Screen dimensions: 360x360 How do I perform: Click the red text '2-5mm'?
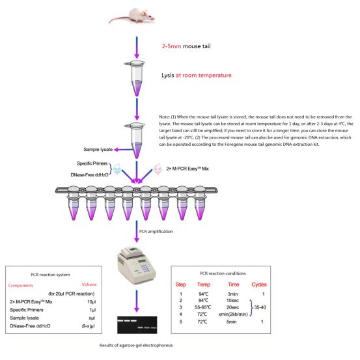pyautogui.click(x=171, y=46)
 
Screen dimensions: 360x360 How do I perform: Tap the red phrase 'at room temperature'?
pyautogui.click(x=203, y=76)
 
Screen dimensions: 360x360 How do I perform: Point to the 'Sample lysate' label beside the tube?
pyautogui.click(x=98, y=150)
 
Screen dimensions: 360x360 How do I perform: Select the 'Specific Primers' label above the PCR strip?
pyautogui.click(x=92, y=163)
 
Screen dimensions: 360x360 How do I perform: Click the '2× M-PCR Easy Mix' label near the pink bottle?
pyautogui.click(x=187, y=169)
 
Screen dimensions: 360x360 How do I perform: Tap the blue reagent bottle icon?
pyautogui.click(x=117, y=169)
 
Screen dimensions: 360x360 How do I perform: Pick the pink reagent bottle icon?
pyautogui.click(x=158, y=169)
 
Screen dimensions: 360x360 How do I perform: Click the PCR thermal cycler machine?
pyautogui.click(x=137, y=266)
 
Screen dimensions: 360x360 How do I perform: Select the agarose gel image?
pyautogui.click(x=137, y=325)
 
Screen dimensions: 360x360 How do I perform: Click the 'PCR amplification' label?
pyautogui.click(x=156, y=232)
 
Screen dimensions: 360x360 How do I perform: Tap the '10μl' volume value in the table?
pyautogui.click(x=91, y=301)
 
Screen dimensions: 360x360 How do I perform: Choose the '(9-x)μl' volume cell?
pyautogui.click(x=89, y=326)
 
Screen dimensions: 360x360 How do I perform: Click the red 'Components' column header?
pyautogui.click(x=21, y=285)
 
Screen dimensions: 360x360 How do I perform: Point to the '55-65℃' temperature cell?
pyautogui.click(x=203, y=307)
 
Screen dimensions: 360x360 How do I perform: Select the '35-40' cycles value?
pyautogui.click(x=260, y=307)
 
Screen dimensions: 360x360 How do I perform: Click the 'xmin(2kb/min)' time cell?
pyautogui.click(x=233, y=314)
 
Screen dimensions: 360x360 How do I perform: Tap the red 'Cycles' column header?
pyautogui.click(x=259, y=284)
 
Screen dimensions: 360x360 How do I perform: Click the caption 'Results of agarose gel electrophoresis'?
pyautogui.click(x=136, y=345)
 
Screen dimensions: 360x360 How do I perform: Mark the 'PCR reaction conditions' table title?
pyautogui.click(x=223, y=273)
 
